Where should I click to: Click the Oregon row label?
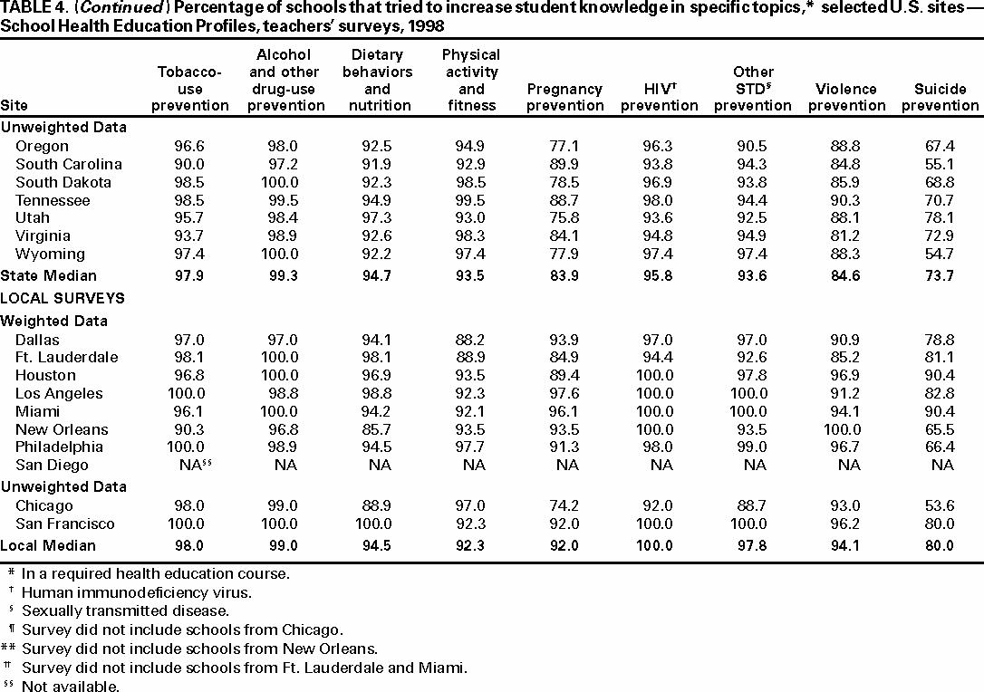[x=42, y=146]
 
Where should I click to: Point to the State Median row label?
[x=48, y=275]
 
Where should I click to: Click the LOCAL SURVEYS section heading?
[x=63, y=298]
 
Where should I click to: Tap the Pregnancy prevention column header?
[x=564, y=97]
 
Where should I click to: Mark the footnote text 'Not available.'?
[x=71, y=687]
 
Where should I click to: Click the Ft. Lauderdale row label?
[x=66, y=357]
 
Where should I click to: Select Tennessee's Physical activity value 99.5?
[x=471, y=200]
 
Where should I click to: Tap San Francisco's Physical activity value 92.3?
[x=471, y=524]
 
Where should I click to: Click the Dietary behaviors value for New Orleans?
[x=377, y=429]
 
